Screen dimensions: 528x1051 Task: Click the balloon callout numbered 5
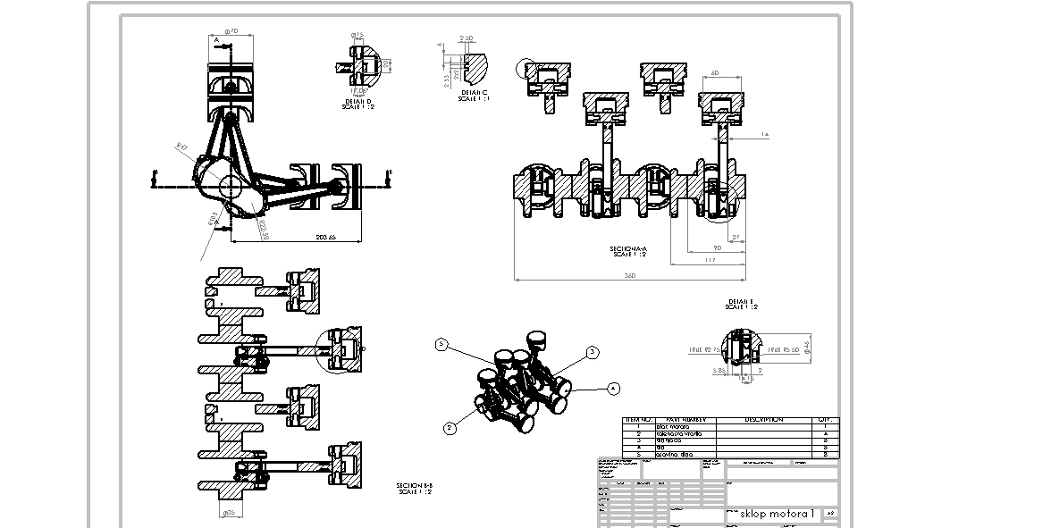[x=441, y=344]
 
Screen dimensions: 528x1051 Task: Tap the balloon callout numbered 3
[x=592, y=353]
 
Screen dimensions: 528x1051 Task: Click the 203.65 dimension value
[x=325, y=237]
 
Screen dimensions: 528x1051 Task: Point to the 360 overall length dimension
[x=629, y=276]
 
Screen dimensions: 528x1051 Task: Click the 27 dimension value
[x=736, y=238]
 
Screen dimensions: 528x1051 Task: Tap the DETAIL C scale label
[x=474, y=96]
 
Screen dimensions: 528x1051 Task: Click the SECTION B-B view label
[x=414, y=489]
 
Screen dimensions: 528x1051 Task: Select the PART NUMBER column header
[x=686, y=419]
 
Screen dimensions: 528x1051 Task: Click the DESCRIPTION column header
[x=763, y=419]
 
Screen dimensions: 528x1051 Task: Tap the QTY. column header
[x=823, y=419]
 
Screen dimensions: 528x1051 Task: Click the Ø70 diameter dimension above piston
[x=232, y=31]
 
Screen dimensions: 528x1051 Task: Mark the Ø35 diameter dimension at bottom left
[x=229, y=513]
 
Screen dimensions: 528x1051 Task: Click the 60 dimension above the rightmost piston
[x=715, y=72]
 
